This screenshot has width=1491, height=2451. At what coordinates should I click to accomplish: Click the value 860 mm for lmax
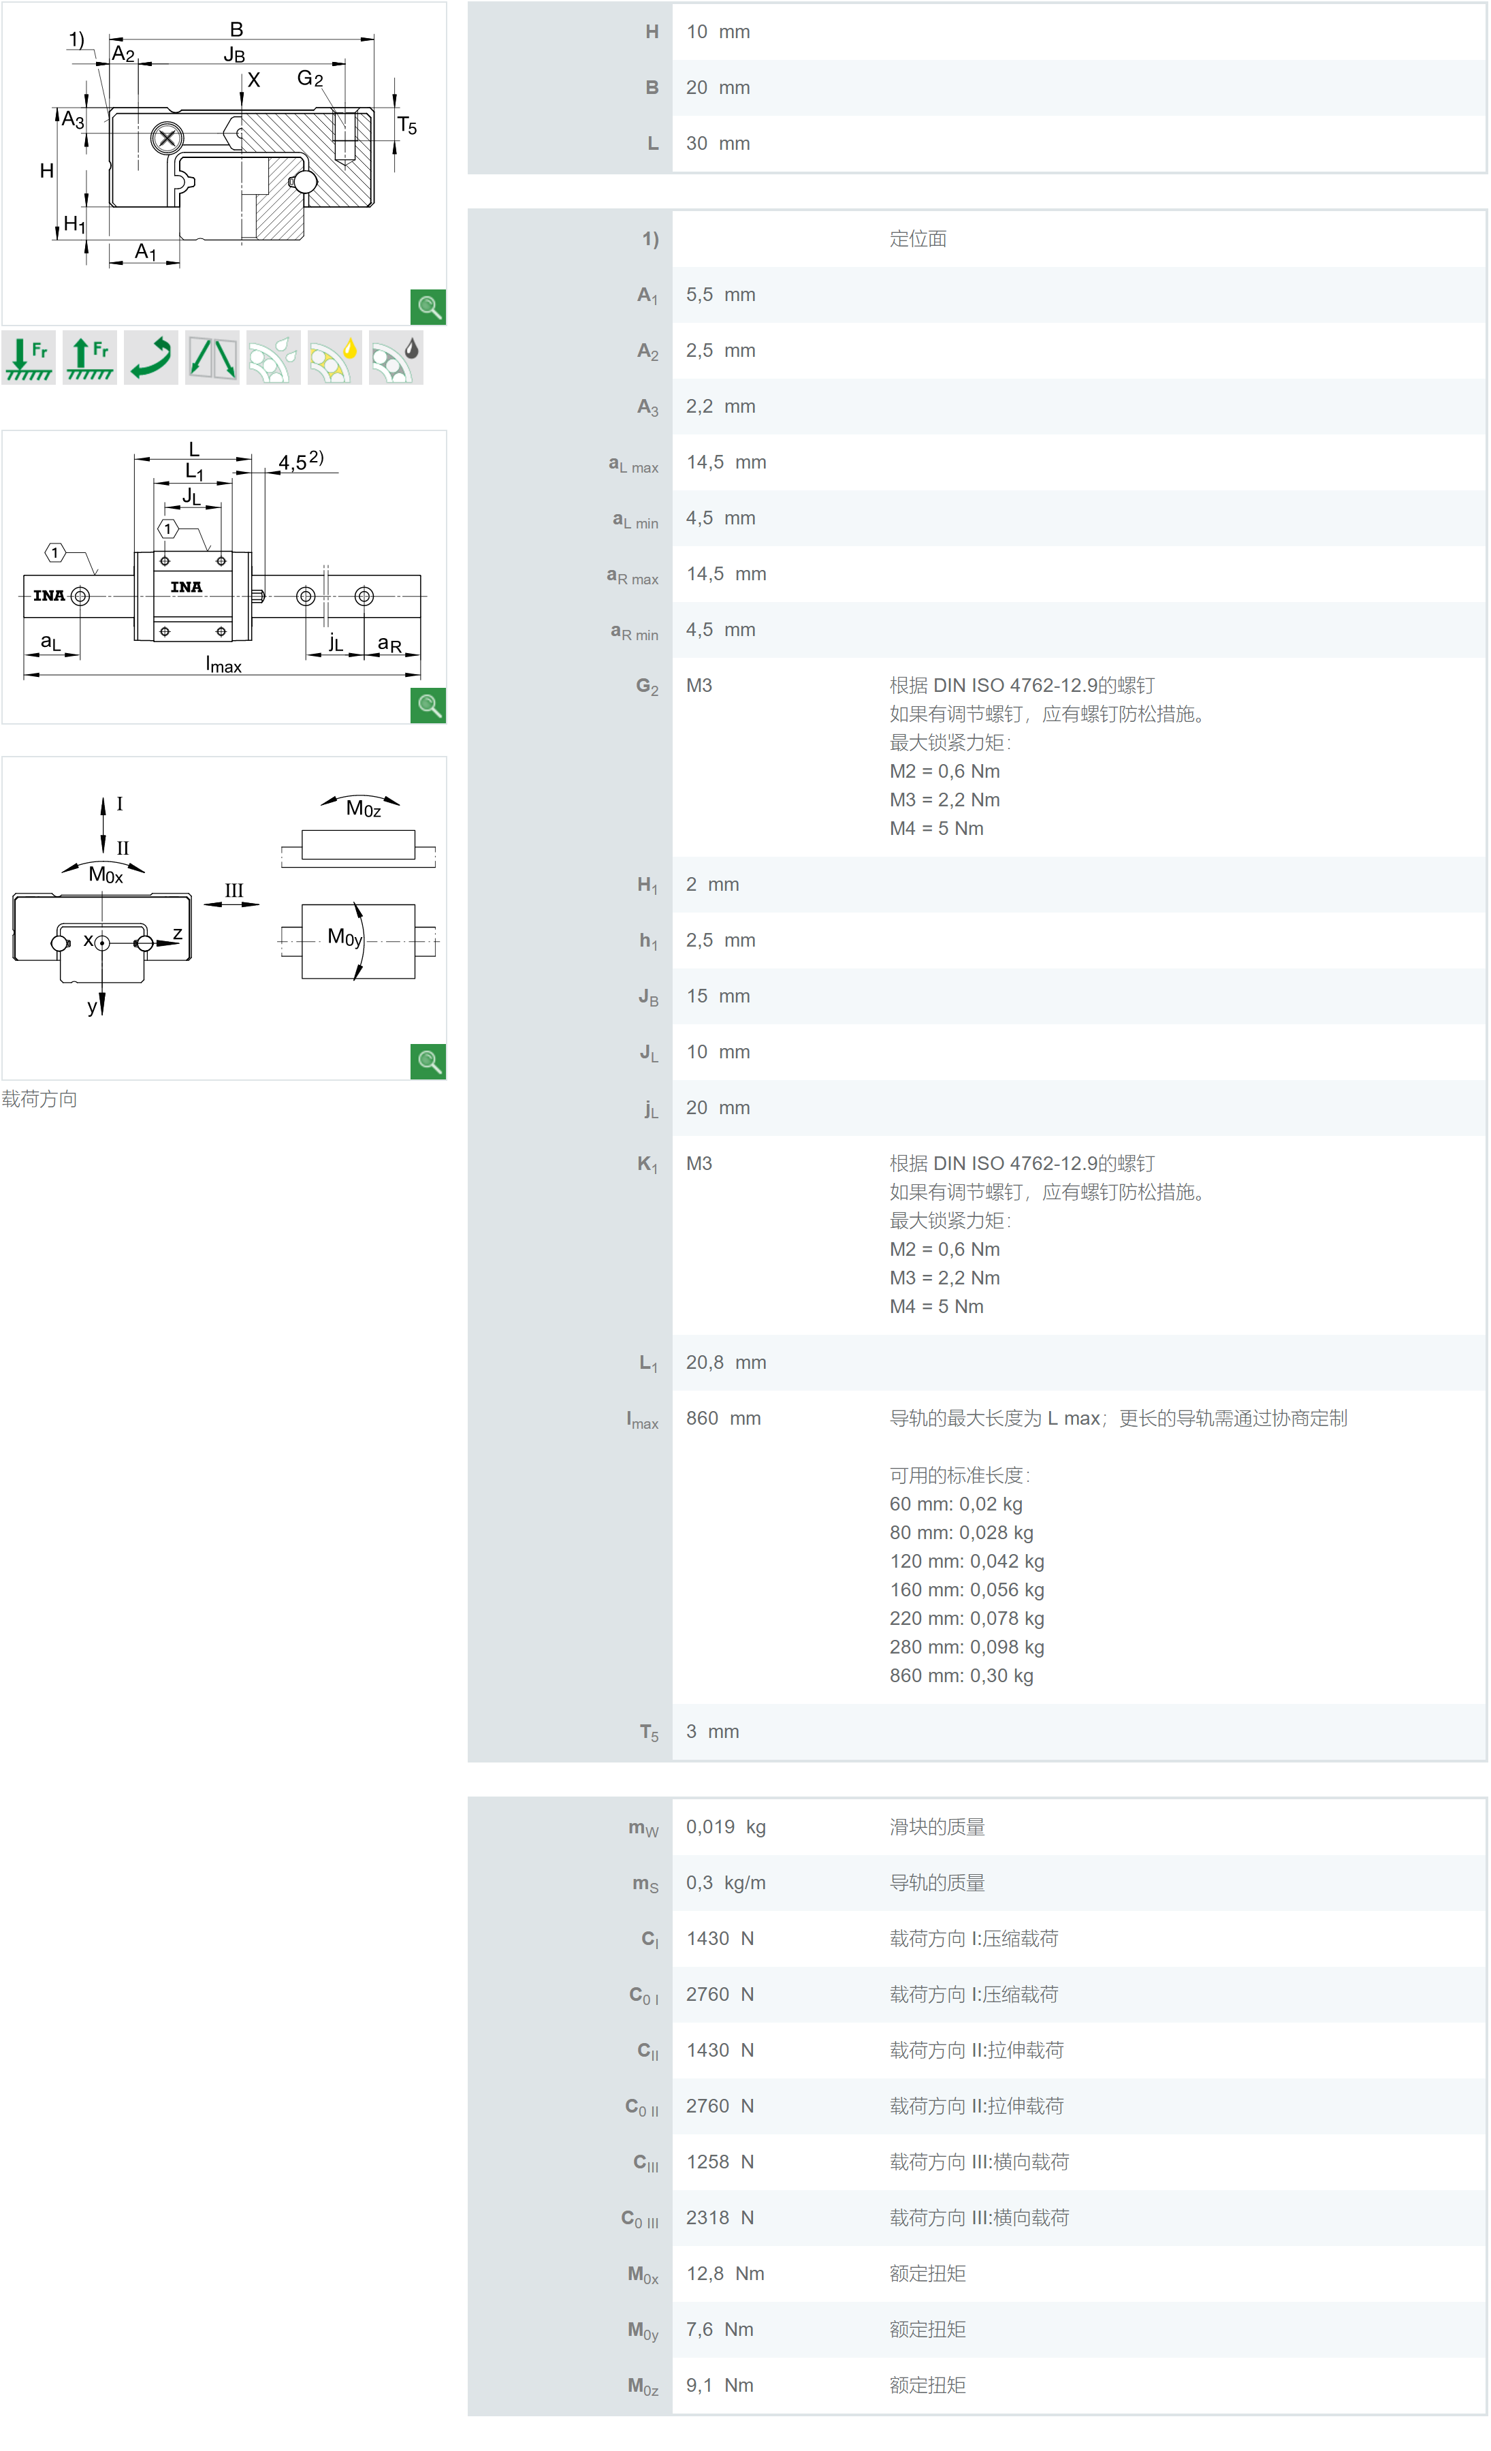tap(723, 1419)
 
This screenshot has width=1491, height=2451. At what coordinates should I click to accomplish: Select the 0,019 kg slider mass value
tap(725, 1827)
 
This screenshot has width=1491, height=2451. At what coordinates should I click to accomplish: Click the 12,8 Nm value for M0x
tap(724, 2274)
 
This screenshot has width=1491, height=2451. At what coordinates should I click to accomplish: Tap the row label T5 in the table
tap(649, 1733)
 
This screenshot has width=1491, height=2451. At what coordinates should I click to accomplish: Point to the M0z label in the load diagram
tap(363, 808)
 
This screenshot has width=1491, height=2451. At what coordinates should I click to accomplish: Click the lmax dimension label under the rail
tap(224, 665)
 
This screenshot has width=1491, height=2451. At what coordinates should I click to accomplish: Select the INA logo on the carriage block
tap(186, 587)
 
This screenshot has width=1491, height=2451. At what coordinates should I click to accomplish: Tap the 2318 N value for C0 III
tap(719, 2218)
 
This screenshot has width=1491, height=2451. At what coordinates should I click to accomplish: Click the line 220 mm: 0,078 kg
tap(966, 1618)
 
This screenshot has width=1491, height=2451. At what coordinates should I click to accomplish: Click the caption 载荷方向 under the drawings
tap(39, 1099)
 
